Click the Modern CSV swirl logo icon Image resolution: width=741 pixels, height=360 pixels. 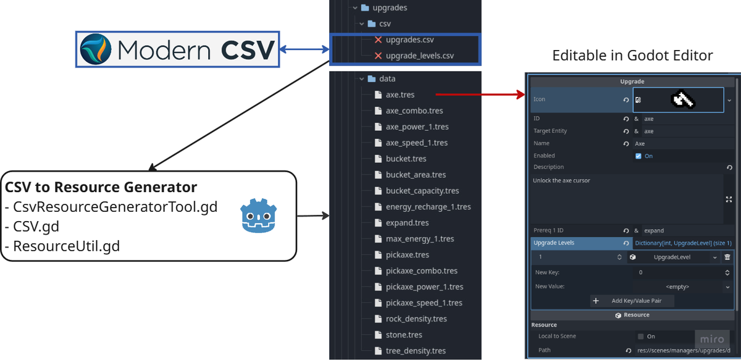(96, 49)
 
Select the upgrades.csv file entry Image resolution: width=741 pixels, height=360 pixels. (409, 40)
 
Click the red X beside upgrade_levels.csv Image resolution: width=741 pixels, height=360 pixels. (378, 56)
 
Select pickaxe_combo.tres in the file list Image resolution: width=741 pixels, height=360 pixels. (416, 271)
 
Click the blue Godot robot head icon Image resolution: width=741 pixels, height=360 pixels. (258, 216)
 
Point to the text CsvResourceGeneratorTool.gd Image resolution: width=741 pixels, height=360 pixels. (115, 207)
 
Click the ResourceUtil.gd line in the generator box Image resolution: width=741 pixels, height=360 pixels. (66, 246)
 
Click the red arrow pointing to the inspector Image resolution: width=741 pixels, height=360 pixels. (480, 94)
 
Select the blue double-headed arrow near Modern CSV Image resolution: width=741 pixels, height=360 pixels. (304, 49)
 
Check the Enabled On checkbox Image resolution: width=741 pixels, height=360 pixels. (638, 156)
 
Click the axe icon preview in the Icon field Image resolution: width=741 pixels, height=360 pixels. (683, 99)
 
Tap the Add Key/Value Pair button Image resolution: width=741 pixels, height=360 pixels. (632, 301)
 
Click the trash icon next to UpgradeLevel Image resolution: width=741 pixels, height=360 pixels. (727, 257)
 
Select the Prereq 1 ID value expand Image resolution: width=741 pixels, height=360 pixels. (654, 230)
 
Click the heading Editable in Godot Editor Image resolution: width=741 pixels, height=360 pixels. (632, 56)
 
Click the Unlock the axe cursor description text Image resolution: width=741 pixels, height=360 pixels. (561, 181)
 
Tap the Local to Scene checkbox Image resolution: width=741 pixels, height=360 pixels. (641, 337)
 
